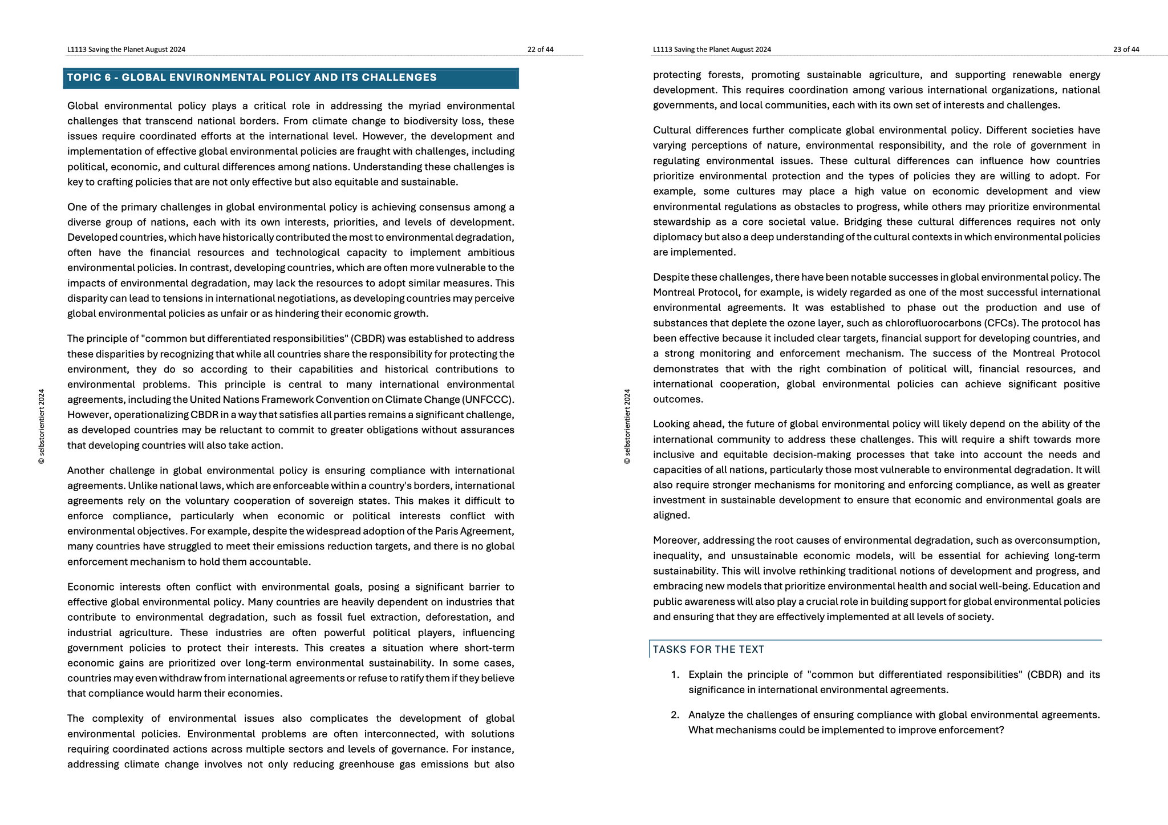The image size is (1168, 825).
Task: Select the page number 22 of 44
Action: pos(540,50)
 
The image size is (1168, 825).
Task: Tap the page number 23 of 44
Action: pos(1126,50)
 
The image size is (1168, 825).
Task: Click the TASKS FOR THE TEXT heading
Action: pos(708,649)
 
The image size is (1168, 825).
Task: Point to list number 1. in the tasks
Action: pos(675,674)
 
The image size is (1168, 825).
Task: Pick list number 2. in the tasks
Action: pos(675,715)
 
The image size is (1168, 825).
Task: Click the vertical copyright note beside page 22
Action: pos(42,426)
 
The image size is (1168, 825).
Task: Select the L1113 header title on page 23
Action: pos(712,50)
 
